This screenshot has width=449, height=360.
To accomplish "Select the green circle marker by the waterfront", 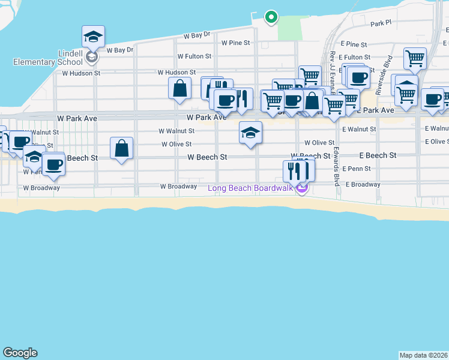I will click(271, 17).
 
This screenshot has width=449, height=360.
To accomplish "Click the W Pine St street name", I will click(235, 43).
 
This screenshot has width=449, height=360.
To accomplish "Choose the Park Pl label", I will click(381, 23).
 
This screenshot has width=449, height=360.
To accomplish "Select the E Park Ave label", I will click(376, 110).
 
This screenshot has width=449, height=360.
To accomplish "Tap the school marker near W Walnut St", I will click(250, 132).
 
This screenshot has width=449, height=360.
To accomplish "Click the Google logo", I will click(20, 353).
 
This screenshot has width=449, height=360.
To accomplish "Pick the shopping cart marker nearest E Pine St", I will click(415, 59).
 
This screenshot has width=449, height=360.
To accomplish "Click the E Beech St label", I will click(377, 155).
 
